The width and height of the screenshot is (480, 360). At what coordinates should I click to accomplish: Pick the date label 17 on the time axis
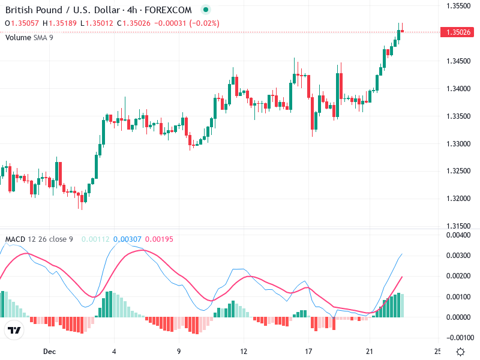[308, 351]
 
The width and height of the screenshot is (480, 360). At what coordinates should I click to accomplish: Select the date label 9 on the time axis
[179, 351]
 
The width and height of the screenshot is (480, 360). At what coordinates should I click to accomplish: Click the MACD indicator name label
[15, 239]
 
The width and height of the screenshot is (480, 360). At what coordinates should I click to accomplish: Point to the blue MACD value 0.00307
[125, 239]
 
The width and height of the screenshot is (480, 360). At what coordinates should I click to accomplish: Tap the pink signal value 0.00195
[159, 239]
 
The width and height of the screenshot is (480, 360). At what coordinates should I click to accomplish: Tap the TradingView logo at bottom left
[14, 330]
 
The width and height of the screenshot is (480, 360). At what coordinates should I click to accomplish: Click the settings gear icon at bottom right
[460, 352]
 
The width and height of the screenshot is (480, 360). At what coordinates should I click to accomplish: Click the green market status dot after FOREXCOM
[206, 10]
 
